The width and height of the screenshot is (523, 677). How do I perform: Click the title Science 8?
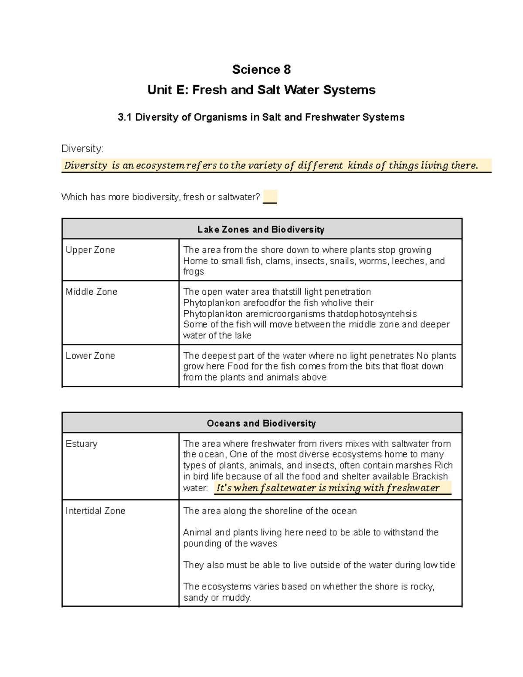261,69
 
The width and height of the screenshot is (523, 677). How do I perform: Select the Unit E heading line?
261,90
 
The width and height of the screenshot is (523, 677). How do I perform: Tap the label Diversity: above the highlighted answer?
82,149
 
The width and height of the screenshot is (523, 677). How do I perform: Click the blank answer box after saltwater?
270,197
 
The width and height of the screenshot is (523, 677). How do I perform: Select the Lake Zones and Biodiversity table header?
261,229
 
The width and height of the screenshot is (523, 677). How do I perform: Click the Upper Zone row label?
90,250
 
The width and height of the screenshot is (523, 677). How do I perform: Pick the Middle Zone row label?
92,292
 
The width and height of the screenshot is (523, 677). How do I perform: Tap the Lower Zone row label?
90,355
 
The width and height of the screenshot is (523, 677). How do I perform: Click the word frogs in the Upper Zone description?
194,272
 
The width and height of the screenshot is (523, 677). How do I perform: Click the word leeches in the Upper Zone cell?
408,261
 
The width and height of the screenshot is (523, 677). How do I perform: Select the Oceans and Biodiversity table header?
261,423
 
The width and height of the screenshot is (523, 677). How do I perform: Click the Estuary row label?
82,443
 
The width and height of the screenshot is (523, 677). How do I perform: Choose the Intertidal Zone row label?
95,510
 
